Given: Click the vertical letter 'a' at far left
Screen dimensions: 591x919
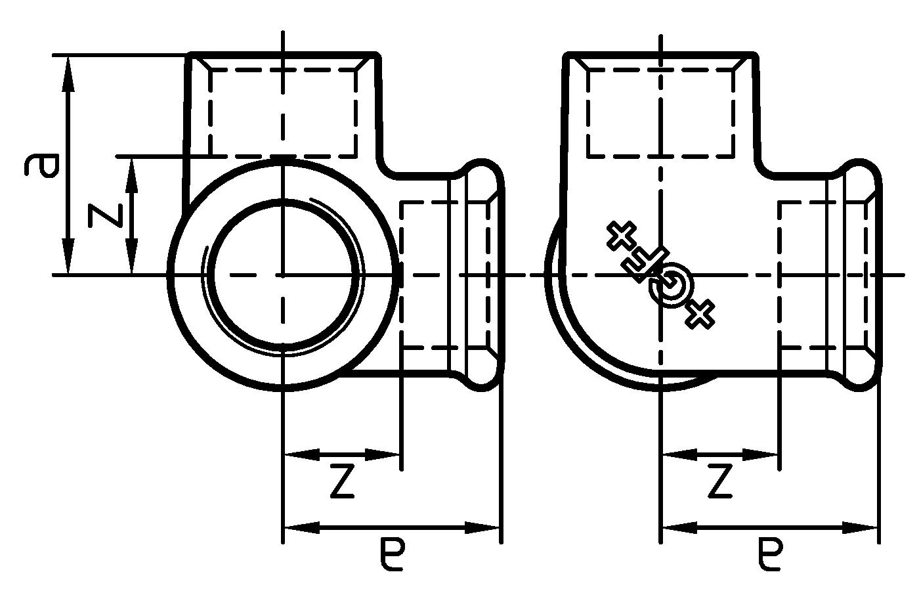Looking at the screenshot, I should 41,165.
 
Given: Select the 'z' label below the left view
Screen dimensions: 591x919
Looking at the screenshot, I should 341,482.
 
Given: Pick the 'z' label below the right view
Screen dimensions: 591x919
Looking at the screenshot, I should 719,482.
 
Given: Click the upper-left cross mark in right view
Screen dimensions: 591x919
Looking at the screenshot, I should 620,236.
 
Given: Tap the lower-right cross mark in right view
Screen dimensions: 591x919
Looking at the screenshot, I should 700,314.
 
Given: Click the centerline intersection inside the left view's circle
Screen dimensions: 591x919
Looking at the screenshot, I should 283,275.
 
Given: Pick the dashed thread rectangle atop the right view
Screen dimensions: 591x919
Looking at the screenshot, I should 660,113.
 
